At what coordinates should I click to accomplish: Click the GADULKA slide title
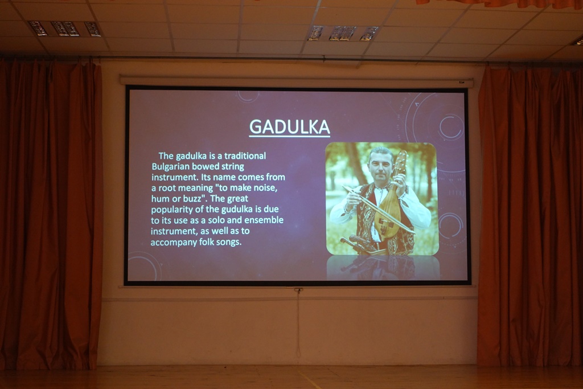(x=290, y=127)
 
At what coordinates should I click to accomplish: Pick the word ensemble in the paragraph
(x=264, y=220)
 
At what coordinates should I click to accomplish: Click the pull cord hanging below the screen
(x=298, y=323)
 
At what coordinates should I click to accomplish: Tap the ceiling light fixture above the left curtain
(x=64, y=28)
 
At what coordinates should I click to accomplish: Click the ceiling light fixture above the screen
(x=343, y=33)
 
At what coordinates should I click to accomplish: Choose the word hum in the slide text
(x=160, y=199)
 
